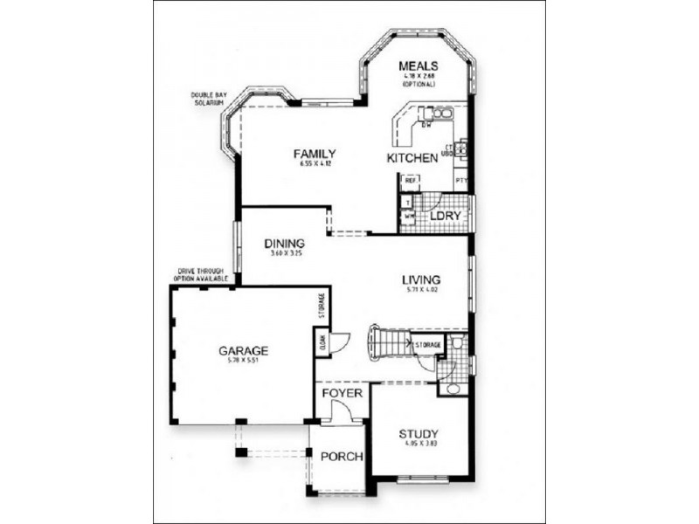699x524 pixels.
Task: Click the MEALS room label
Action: [x=418, y=66]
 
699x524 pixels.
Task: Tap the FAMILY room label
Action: [x=315, y=154]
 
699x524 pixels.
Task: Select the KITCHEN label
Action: [x=412, y=158]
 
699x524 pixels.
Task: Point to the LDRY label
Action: [x=445, y=215]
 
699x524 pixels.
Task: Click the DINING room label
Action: [x=286, y=244]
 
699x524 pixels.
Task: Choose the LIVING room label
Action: [x=420, y=279]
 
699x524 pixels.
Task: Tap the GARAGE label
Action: [x=243, y=351]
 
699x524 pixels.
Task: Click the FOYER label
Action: [x=342, y=393]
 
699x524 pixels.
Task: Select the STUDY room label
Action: [x=419, y=434]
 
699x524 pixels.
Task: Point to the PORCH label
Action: [x=342, y=457]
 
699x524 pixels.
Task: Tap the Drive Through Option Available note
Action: [x=202, y=274]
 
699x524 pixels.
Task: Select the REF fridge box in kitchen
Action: [x=409, y=181]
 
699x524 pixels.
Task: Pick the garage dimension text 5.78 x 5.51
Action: [x=243, y=361]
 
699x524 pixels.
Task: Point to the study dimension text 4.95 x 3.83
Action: [x=419, y=444]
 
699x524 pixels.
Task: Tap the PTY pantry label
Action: [x=461, y=182]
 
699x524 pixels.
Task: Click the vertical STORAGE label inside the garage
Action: [x=321, y=307]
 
